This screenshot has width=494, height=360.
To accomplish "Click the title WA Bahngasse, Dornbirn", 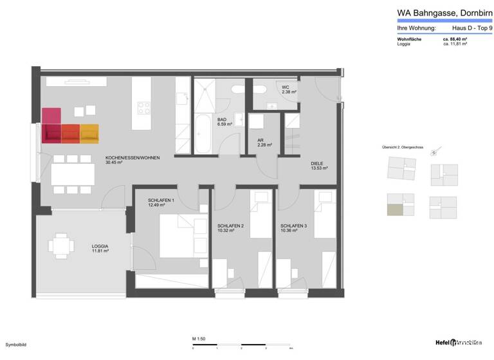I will pos(435,12).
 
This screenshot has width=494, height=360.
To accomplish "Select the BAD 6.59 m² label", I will pos(223,122).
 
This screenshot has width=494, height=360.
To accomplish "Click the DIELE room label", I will pos(319,165).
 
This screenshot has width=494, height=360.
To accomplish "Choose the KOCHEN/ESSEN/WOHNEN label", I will pos(133,160).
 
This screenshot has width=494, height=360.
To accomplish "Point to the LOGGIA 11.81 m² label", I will pos(100,249).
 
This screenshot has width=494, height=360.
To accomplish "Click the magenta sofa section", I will pos(51,124).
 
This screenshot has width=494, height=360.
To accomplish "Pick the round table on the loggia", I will pos(60,246).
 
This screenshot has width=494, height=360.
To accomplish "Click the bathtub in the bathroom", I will pos(203,134).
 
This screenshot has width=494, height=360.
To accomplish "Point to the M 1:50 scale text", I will pos(197,338).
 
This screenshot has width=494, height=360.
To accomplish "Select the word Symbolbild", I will pos(16,345).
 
